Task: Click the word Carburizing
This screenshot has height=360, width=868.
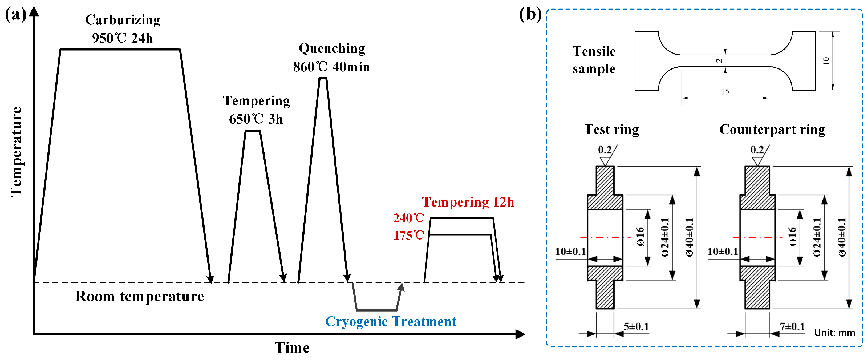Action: (123, 20)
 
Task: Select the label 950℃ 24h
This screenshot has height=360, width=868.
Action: (122, 38)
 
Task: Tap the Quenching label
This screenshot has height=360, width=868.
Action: (332, 49)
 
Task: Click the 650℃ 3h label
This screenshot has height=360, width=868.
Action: (256, 119)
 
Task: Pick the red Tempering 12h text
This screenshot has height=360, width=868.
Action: (468, 202)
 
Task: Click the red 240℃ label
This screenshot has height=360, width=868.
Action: (408, 218)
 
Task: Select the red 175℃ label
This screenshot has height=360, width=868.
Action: (408, 235)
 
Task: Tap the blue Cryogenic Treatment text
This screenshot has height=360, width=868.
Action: (391, 322)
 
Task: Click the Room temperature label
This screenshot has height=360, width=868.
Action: (140, 297)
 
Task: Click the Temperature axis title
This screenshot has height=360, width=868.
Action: (16, 152)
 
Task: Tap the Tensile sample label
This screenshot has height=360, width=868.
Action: (594, 60)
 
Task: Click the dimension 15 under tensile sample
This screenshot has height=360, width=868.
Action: (725, 92)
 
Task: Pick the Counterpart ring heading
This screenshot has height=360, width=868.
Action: (772, 130)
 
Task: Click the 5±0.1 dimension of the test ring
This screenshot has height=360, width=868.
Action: (636, 326)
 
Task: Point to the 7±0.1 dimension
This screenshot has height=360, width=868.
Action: (792, 326)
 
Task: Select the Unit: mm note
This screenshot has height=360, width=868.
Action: (835, 333)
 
